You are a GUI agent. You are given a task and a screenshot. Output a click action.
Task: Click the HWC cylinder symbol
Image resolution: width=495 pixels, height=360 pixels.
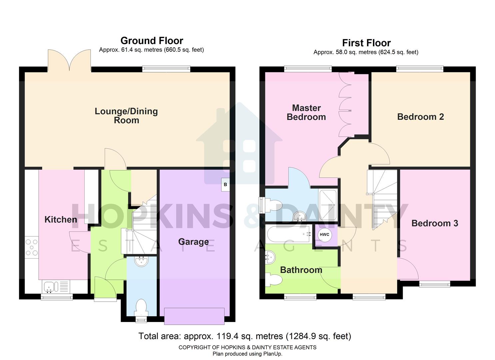point(324,235)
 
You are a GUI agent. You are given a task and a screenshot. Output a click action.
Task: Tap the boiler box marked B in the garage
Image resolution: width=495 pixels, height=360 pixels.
point(225,184)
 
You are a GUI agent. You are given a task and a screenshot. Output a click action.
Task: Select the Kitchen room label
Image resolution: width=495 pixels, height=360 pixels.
point(61,219)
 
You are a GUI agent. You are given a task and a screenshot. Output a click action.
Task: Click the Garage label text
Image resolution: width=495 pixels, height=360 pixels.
point(193,242)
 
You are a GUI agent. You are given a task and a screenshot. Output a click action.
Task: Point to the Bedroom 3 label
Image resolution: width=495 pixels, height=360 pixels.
point(435,223)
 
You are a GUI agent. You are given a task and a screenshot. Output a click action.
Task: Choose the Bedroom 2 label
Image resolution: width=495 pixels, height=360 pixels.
point(420,117)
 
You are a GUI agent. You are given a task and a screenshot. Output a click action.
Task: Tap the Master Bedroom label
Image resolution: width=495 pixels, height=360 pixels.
point(306,112)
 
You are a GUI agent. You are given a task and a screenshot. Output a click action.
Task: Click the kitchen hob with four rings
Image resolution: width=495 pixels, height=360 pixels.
point(32,247)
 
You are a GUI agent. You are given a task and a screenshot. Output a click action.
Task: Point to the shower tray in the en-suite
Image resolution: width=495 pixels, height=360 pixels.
point(328,205)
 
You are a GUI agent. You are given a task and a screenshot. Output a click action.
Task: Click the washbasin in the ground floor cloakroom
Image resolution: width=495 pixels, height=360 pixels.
point(142,261)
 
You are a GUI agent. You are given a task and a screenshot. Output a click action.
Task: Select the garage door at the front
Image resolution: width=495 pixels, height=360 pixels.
point(194,316)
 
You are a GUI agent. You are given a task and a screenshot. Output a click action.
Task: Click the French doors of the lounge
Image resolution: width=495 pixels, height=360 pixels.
point(69,60)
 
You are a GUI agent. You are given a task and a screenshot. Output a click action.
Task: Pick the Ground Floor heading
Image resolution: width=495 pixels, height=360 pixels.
point(152,41)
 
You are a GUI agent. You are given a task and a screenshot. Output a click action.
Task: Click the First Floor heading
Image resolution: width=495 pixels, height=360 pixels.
point(366,43)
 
